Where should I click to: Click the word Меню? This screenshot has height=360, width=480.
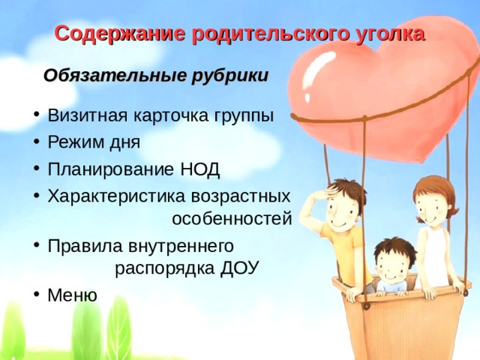72,295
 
